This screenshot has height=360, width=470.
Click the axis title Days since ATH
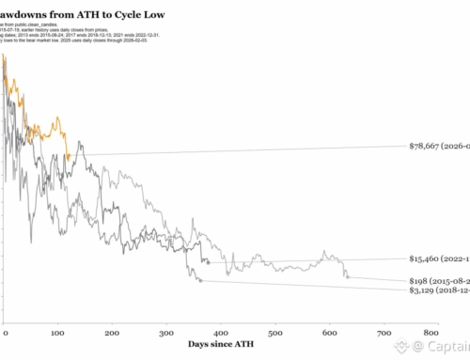pos(219,346)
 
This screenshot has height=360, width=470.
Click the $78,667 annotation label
pos(439,147)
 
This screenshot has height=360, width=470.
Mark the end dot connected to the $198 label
pos(347,276)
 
